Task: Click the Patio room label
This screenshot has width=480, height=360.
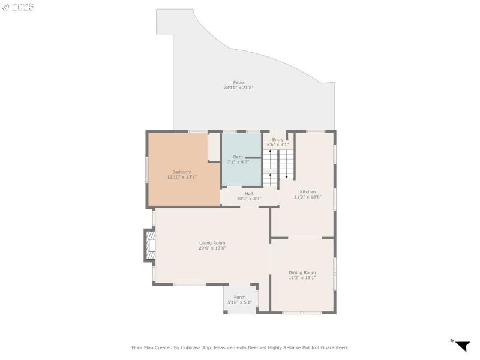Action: (x=238, y=82)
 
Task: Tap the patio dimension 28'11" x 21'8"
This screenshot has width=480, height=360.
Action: (x=238, y=88)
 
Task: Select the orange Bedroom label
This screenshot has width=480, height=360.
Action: (x=182, y=172)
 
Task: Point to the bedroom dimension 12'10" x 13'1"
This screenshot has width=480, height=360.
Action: (x=182, y=177)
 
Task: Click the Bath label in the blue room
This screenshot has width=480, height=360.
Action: (x=238, y=157)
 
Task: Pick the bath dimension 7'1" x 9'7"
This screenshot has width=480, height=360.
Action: (x=238, y=163)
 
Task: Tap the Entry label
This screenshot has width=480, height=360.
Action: (x=278, y=140)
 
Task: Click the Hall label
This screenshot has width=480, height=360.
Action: (x=248, y=193)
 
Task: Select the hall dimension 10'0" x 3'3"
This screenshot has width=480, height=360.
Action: (x=248, y=199)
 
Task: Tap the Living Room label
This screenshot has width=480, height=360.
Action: (x=212, y=243)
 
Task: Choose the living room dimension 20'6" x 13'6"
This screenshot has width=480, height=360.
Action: (x=212, y=248)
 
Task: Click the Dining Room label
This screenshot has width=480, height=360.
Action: (x=302, y=272)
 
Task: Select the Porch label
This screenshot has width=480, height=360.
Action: (x=239, y=297)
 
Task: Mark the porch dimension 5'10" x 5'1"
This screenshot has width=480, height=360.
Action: (x=239, y=302)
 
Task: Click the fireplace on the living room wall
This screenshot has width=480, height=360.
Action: (x=150, y=245)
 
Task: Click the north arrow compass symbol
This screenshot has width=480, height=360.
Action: (x=461, y=346)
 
